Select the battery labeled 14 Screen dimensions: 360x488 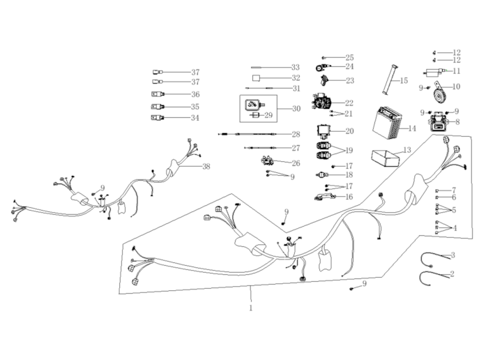[x=386, y=123]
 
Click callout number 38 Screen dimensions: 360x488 [x=206, y=166]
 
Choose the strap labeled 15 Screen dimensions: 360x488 [x=386, y=78]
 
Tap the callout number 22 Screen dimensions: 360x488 [x=349, y=103]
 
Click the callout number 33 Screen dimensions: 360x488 [x=296, y=67]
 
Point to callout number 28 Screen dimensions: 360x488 [x=296, y=134]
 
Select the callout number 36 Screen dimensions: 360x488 [x=195, y=94]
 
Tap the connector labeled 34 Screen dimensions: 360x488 [x=157, y=118]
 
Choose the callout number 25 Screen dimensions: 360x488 [x=349, y=57]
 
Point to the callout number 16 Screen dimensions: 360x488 [x=349, y=197]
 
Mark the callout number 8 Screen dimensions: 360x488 [x=457, y=121]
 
